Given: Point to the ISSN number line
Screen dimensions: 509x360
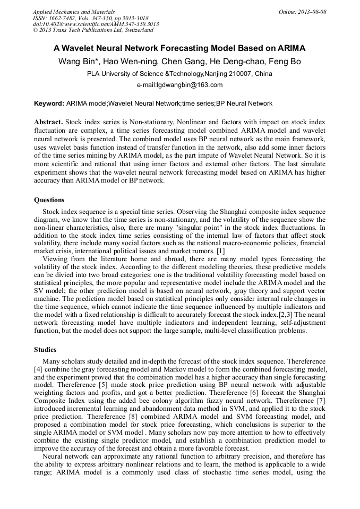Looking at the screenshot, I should [x=91, y=18].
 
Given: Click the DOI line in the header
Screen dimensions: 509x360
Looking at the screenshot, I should [x=96, y=24].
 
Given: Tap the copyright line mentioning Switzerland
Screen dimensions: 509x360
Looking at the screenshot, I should [x=93, y=30].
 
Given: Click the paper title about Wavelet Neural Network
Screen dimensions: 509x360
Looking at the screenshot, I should [x=179, y=48].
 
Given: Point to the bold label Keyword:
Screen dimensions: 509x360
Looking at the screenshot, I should [x=49, y=103].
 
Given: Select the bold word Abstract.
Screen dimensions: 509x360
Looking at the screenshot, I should [x=48, y=122].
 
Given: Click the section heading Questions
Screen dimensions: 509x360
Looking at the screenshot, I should [x=49, y=200].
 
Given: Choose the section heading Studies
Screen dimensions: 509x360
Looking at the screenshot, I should [x=46, y=350].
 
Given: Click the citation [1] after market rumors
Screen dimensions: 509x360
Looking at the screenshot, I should [x=221, y=250].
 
